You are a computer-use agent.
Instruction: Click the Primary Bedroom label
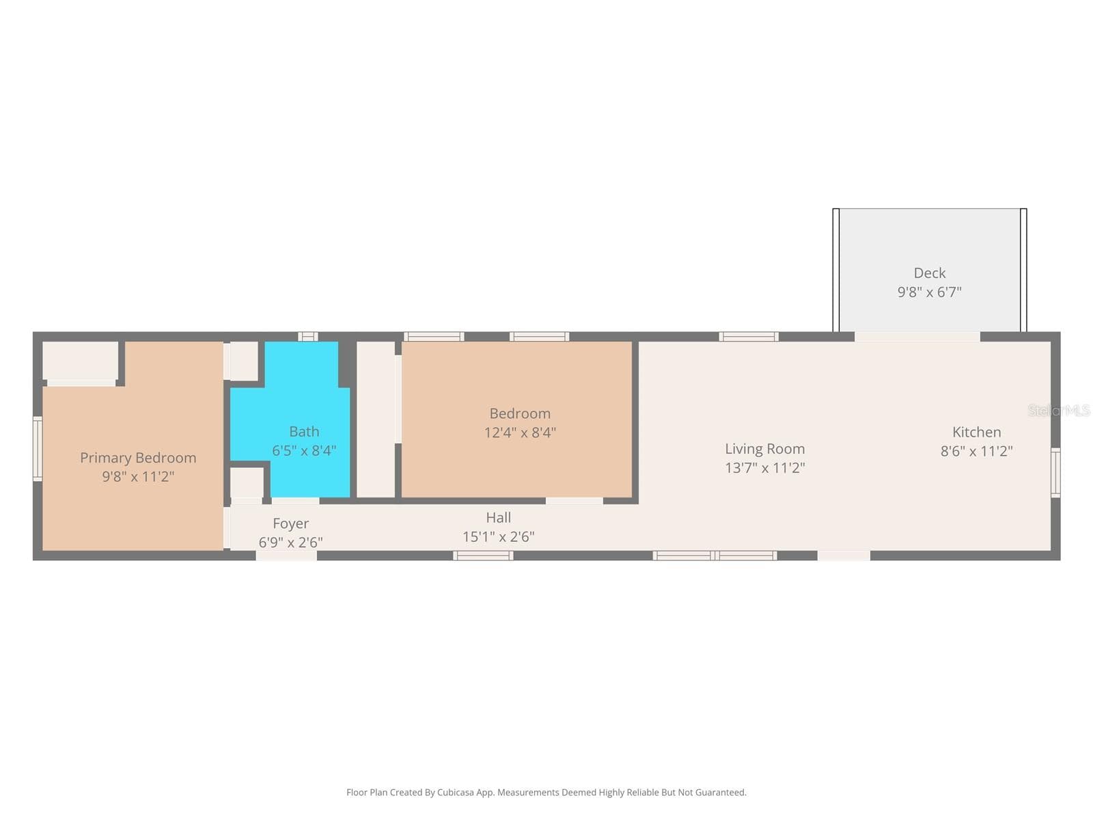[138, 458]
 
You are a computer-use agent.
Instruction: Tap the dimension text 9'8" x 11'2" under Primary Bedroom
[138, 476]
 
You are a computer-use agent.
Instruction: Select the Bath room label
[304, 431]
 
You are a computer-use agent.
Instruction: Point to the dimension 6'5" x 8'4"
[304, 450]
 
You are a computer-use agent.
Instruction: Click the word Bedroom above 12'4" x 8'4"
[520, 413]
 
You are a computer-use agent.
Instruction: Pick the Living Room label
[764, 448]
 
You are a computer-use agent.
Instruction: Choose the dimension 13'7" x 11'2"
[764, 467]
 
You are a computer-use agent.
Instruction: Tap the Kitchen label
[976, 432]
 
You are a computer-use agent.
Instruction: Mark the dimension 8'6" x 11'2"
[976, 451]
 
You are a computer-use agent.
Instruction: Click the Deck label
[929, 273]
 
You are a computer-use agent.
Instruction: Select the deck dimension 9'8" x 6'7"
[929, 292]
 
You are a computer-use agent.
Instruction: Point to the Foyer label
[291, 523]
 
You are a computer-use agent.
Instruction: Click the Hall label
[499, 518]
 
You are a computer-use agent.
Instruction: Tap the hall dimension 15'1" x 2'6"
[499, 536]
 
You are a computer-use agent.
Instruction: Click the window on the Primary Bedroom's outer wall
[38, 449]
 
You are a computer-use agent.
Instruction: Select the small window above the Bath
[307, 337]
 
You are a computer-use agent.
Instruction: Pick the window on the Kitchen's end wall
[1055, 472]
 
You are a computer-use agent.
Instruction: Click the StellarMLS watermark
[1059, 411]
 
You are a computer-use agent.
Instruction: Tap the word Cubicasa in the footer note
[456, 792]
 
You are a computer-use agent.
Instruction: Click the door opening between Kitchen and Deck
[917, 337]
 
